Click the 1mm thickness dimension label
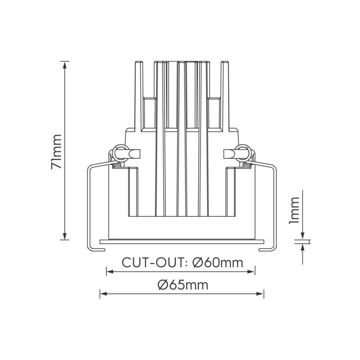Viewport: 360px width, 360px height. coord(295,210)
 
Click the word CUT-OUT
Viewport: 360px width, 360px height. coord(154,262)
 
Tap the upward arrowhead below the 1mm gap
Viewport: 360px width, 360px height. coord(303,247)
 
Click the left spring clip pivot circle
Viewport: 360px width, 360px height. coord(118,152)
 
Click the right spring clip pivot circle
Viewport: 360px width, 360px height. coord(243,152)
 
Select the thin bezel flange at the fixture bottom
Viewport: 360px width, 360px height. coord(182,242)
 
